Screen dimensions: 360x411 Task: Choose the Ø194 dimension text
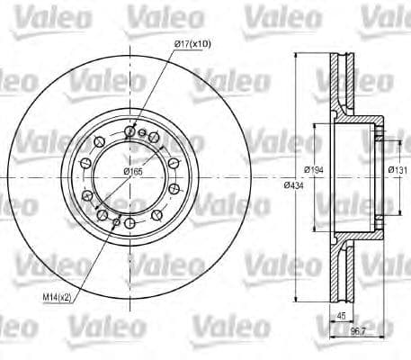[x=314, y=168]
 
